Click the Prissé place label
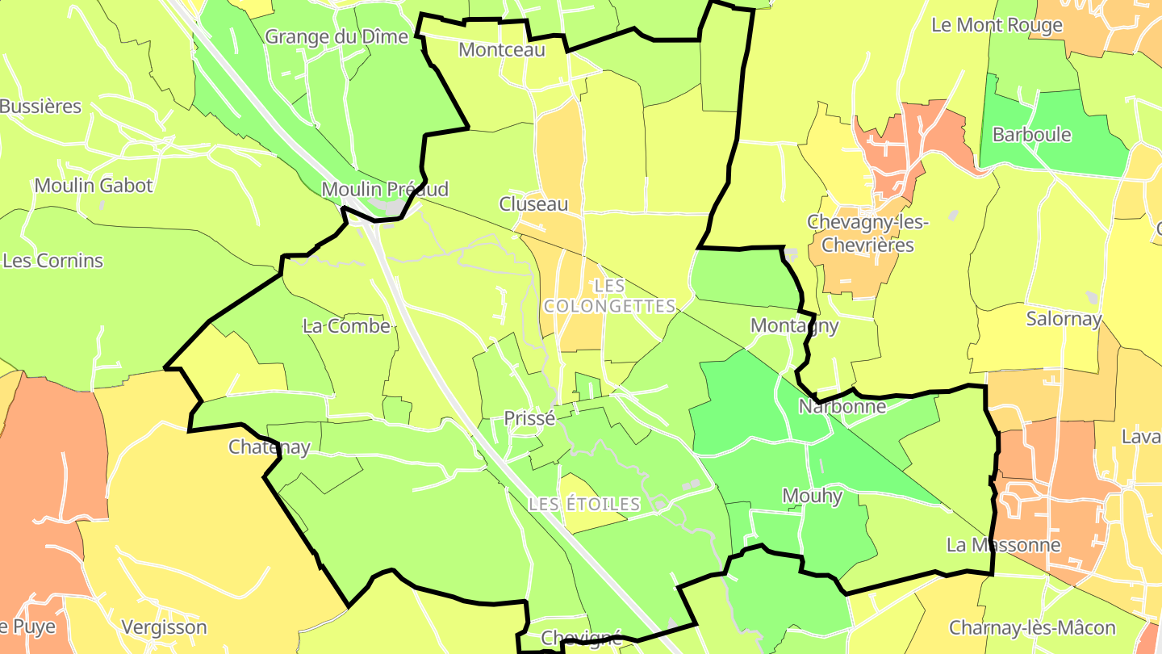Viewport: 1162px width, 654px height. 529,418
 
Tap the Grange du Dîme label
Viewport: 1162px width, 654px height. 336,36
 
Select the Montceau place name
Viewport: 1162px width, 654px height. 502,49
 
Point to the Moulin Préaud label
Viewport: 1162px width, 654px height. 384,189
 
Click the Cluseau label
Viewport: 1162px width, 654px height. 533,204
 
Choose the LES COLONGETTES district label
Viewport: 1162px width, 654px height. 609,296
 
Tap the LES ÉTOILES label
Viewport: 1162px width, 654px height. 584,504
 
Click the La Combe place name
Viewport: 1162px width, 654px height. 346,326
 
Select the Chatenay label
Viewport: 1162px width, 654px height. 270,446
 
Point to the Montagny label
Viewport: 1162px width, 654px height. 794,325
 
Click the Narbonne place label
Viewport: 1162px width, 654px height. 842,406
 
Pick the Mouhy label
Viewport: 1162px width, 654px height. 813,495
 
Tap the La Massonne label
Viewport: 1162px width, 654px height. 1003,544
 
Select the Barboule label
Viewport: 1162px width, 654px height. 1031,134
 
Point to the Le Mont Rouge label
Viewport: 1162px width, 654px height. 997,25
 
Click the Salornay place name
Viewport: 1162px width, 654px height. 1064,318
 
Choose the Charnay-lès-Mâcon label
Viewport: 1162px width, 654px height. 1032,627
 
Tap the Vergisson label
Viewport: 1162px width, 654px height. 164,627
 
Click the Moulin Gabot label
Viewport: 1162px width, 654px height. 94,185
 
